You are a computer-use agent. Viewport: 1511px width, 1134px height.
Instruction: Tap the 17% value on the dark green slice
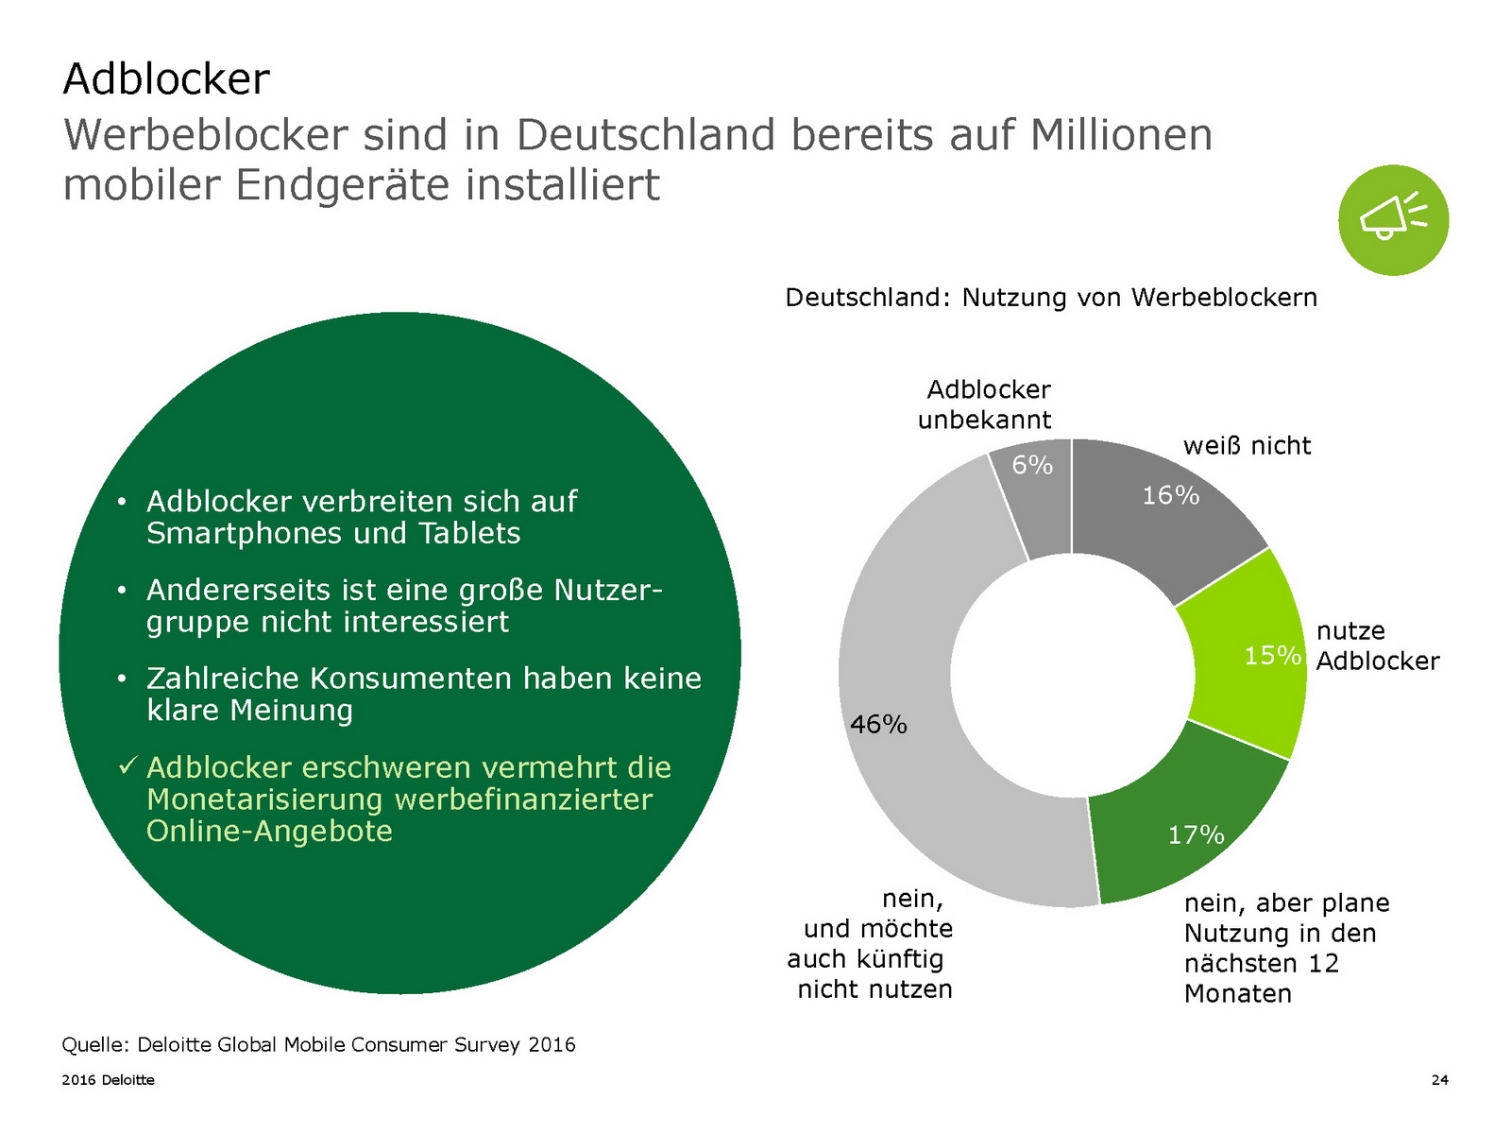tap(1196, 834)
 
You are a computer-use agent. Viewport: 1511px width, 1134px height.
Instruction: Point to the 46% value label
tap(878, 725)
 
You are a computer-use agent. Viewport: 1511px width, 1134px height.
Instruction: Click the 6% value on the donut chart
tap(1032, 465)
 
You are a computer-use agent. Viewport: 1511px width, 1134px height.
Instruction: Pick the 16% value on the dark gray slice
tap(1170, 495)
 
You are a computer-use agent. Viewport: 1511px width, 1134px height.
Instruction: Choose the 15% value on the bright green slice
tap(1272, 655)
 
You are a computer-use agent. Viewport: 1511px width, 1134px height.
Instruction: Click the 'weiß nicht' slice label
tap(1247, 446)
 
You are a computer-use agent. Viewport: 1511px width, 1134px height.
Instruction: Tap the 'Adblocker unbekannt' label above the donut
tap(985, 404)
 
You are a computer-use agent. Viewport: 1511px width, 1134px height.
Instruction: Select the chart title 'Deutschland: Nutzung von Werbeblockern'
tap(1050, 298)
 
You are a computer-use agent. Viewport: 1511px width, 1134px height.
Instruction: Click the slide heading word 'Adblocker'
tap(166, 78)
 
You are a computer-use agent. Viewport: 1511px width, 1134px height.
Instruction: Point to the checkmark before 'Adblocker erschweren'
tap(128, 765)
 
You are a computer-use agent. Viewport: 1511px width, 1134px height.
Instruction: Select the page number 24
tap(1439, 1080)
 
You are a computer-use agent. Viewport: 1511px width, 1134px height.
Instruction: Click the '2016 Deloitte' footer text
tap(108, 1080)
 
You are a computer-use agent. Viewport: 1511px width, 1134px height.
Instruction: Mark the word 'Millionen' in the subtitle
tap(1121, 134)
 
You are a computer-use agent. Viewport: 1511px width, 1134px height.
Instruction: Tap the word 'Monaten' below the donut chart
tap(1237, 994)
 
